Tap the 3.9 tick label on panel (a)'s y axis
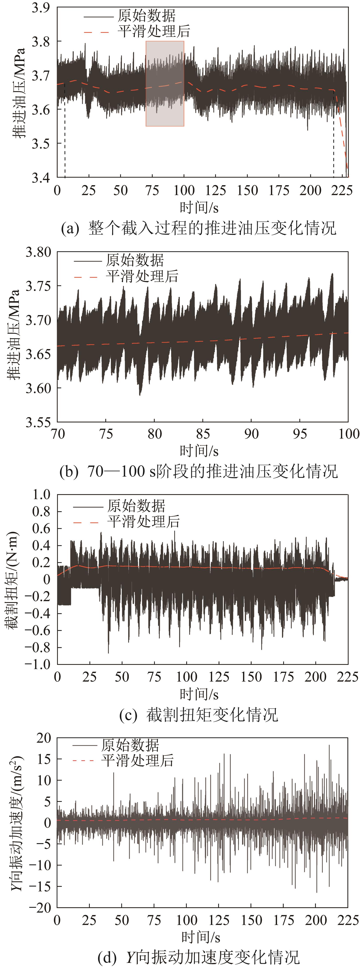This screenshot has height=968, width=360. (x=41, y=8)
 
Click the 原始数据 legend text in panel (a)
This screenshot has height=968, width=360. (x=147, y=16)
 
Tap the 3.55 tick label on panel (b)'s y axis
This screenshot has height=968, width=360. (x=38, y=422)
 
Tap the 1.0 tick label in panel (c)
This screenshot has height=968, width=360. (x=41, y=495)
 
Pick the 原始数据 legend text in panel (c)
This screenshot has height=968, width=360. (x=136, y=506)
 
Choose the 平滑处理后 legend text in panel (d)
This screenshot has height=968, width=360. (x=137, y=761)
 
